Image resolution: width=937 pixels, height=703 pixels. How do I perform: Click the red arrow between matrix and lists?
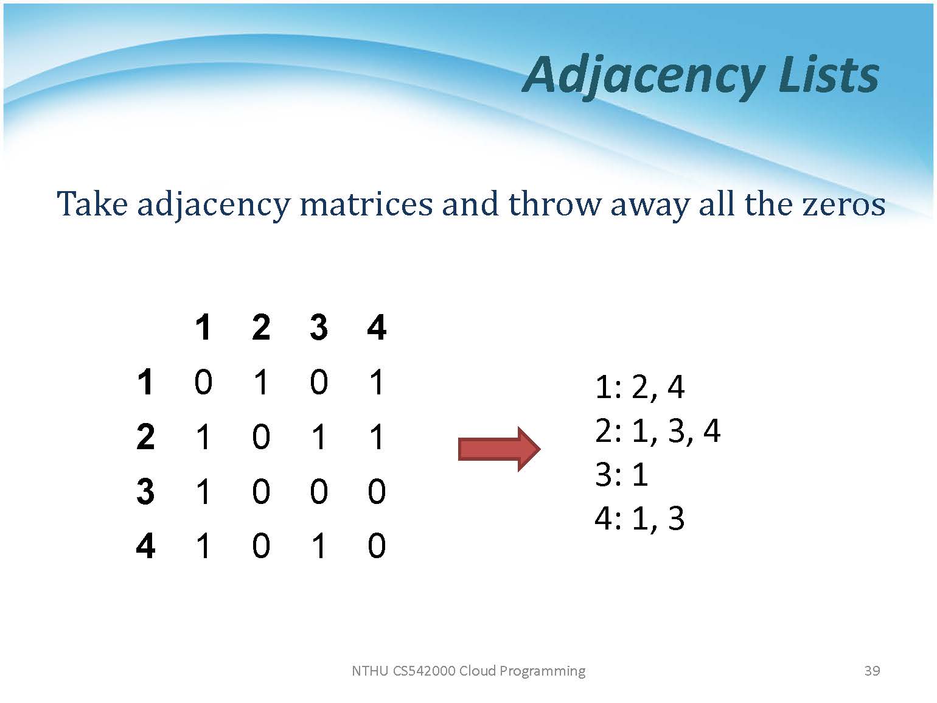(x=499, y=449)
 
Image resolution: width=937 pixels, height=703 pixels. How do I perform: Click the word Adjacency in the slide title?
(x=643, y=77)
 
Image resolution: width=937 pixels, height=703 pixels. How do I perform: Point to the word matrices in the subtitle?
(x=366, y=204)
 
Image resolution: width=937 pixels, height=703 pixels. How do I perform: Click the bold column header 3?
(x=319, y=327)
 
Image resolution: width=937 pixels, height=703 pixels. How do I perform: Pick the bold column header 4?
(x=377, y=327)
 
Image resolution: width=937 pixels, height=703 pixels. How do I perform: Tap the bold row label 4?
(x=145, y=546)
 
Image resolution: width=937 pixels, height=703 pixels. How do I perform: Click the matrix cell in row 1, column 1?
(x=203, y=382)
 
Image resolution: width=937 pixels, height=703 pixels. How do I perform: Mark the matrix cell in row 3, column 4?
(x=377, y=491)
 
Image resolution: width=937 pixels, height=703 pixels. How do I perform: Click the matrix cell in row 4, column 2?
(x=261, y=546)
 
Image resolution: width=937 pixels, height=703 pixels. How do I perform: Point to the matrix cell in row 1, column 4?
(x=377, y=382)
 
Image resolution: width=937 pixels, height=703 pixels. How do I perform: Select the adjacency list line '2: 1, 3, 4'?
(x=658, y=431)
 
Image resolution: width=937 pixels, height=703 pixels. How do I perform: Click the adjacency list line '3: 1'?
(x=622, y=475)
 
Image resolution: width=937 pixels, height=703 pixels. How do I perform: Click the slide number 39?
(x=872, y=671)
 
